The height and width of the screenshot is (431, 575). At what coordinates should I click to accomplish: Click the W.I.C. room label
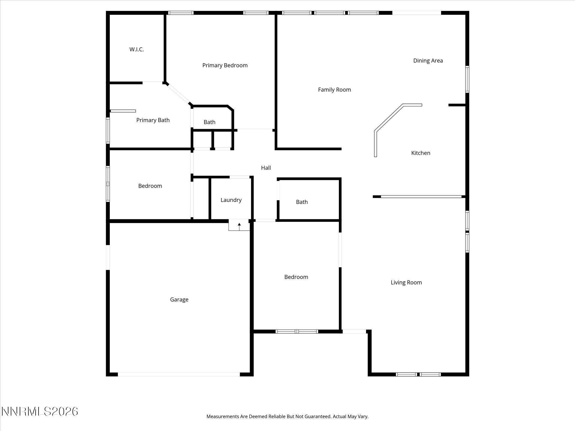pos(136,49)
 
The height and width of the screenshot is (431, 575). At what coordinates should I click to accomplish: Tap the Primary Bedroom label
pos(225,65)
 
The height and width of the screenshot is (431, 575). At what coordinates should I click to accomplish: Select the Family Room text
pos(334,90)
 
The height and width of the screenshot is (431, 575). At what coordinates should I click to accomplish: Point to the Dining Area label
pos(428,61)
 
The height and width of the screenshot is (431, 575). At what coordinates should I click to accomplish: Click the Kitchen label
pos(421,153)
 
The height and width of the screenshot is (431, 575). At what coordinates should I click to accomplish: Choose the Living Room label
pos(406,283)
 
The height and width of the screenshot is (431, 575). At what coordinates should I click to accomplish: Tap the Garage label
pos(179,299)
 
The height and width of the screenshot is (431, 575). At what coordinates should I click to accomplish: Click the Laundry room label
pos(231,200)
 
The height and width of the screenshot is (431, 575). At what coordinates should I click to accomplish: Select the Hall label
pos(266,168)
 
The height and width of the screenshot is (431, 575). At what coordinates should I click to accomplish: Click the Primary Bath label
pos(153,120)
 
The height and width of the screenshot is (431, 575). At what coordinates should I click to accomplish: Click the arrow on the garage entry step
pos(239,225)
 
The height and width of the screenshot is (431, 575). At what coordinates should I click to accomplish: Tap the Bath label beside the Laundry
pos(302,202)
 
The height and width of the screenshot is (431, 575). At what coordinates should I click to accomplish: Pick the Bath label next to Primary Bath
pos(209,122)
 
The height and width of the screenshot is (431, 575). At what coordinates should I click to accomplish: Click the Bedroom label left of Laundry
pos(150,186)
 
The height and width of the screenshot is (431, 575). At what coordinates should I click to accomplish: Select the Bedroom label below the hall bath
pos(296,277)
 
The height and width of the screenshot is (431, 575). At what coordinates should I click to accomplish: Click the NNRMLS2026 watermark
pos(40,411)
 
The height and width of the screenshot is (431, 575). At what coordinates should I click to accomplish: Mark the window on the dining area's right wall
pos(467,79)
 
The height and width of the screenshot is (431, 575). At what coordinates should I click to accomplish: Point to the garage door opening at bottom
pos(179,374)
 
